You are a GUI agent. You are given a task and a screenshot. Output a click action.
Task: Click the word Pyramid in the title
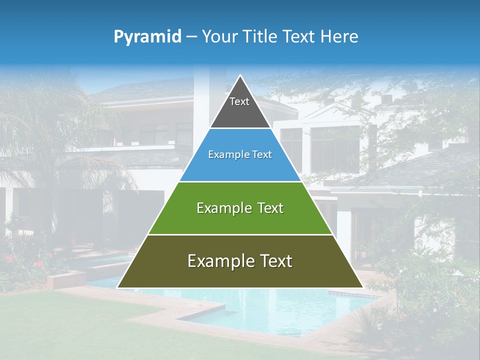coord(147,37)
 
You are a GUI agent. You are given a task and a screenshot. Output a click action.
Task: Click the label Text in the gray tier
coord(239,101)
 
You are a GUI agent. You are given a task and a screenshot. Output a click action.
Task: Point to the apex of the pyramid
coord(240,76)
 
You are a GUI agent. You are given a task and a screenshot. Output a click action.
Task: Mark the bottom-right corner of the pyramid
coord(362,287)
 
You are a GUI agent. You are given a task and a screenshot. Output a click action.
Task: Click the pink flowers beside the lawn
coord(37,263)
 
